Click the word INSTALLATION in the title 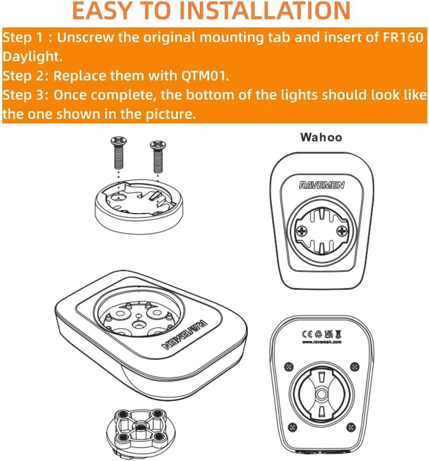(265, 11)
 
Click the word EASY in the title (101, 11)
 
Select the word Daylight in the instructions (32, 57)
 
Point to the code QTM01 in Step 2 (205, 76)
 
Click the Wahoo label (321, 137)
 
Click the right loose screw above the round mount (158, 157)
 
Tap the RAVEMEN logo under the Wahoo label (322, 185)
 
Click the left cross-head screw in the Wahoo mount (301, 231)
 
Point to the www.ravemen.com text (322, 342)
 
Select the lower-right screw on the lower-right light (351, 426)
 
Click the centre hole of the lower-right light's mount (322, 393)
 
